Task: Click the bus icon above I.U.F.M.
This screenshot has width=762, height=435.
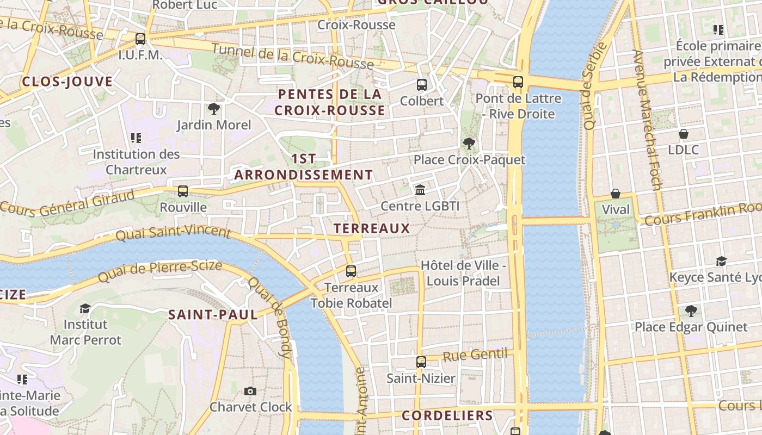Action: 140,39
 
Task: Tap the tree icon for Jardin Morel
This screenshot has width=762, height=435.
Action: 214,109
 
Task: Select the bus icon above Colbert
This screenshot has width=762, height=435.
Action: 422,84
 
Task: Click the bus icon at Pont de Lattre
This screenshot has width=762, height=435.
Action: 518,82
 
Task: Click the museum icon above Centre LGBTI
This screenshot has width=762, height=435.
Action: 420,190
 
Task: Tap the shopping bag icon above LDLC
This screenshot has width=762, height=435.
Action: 684,133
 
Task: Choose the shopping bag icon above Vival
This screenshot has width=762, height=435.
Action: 616,194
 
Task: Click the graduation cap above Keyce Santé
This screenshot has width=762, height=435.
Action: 722,261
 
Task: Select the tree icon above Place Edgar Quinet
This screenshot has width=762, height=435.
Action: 691,310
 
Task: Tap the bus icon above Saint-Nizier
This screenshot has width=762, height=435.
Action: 421,362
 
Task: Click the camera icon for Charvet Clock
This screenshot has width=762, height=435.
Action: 250,391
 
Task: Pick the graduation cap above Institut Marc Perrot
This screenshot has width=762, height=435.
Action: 85,308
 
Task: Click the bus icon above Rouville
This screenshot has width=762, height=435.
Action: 183,191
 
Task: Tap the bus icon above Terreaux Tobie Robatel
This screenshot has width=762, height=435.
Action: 351,271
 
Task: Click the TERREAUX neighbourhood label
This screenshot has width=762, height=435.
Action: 372,228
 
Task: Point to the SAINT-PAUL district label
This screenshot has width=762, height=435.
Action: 213,314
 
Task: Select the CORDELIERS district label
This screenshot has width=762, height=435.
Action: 447,415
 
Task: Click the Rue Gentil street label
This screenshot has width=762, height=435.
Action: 475,356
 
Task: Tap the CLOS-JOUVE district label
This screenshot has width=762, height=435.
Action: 67,82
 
